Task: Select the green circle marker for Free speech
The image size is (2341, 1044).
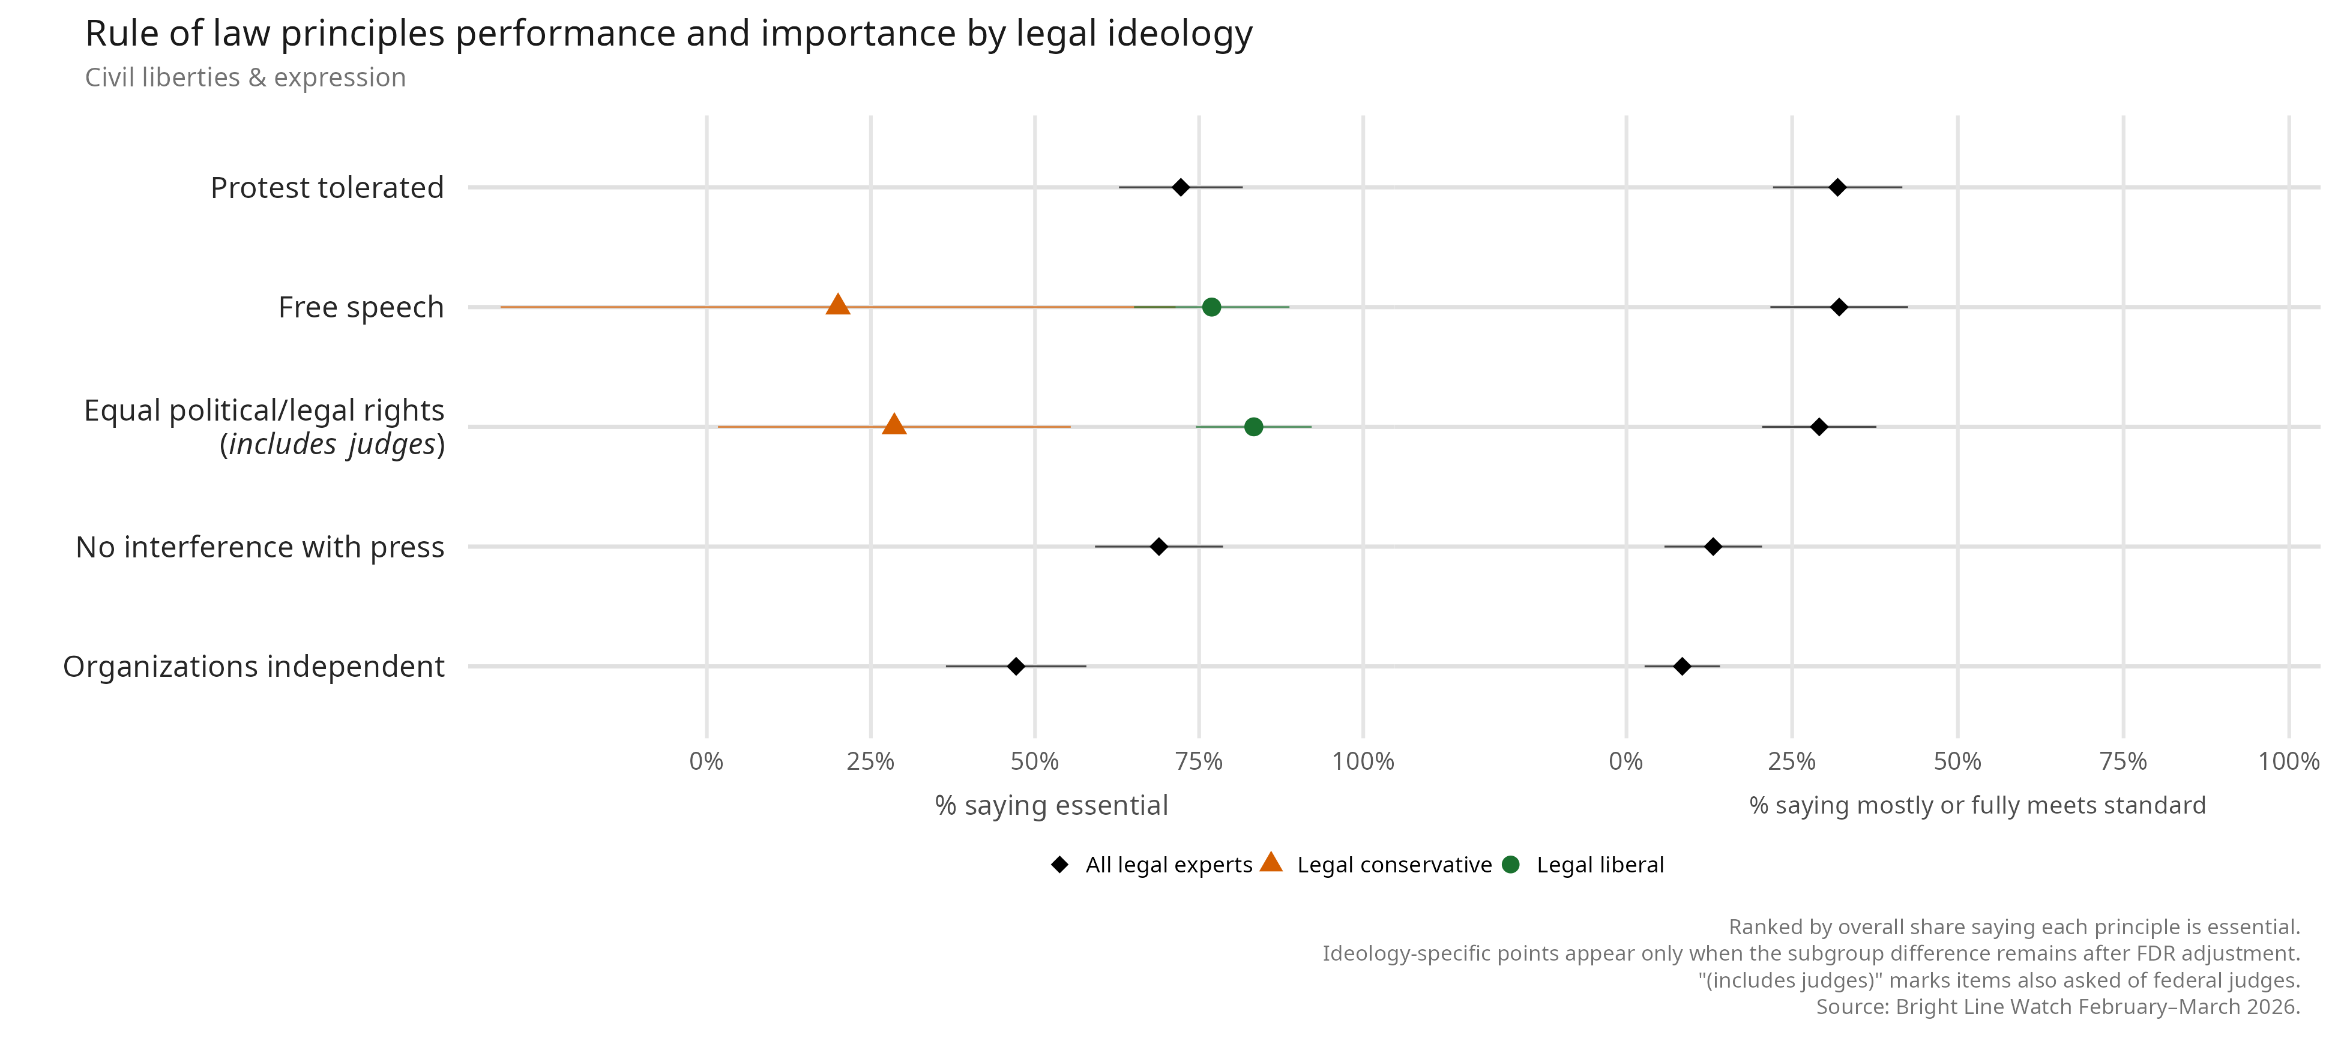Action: (1211, 307)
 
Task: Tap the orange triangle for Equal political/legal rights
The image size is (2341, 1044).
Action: (894, 424)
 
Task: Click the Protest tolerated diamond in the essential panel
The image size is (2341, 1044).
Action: (1181, 188)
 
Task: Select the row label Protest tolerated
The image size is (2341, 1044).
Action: (327, 188)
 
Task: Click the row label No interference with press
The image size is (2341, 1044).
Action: (260, 547)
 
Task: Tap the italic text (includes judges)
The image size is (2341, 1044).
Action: (333, 445)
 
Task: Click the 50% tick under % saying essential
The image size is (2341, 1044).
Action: (1035, 761)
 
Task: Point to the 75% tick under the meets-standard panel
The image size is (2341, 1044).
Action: (2124, 761)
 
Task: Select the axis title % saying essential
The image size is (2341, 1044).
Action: (1052, 806)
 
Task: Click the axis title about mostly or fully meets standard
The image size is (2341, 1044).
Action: (1977, 806)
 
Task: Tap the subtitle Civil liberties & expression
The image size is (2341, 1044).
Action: (246, 78)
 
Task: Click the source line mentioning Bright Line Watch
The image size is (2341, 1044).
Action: (2058, 1007)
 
